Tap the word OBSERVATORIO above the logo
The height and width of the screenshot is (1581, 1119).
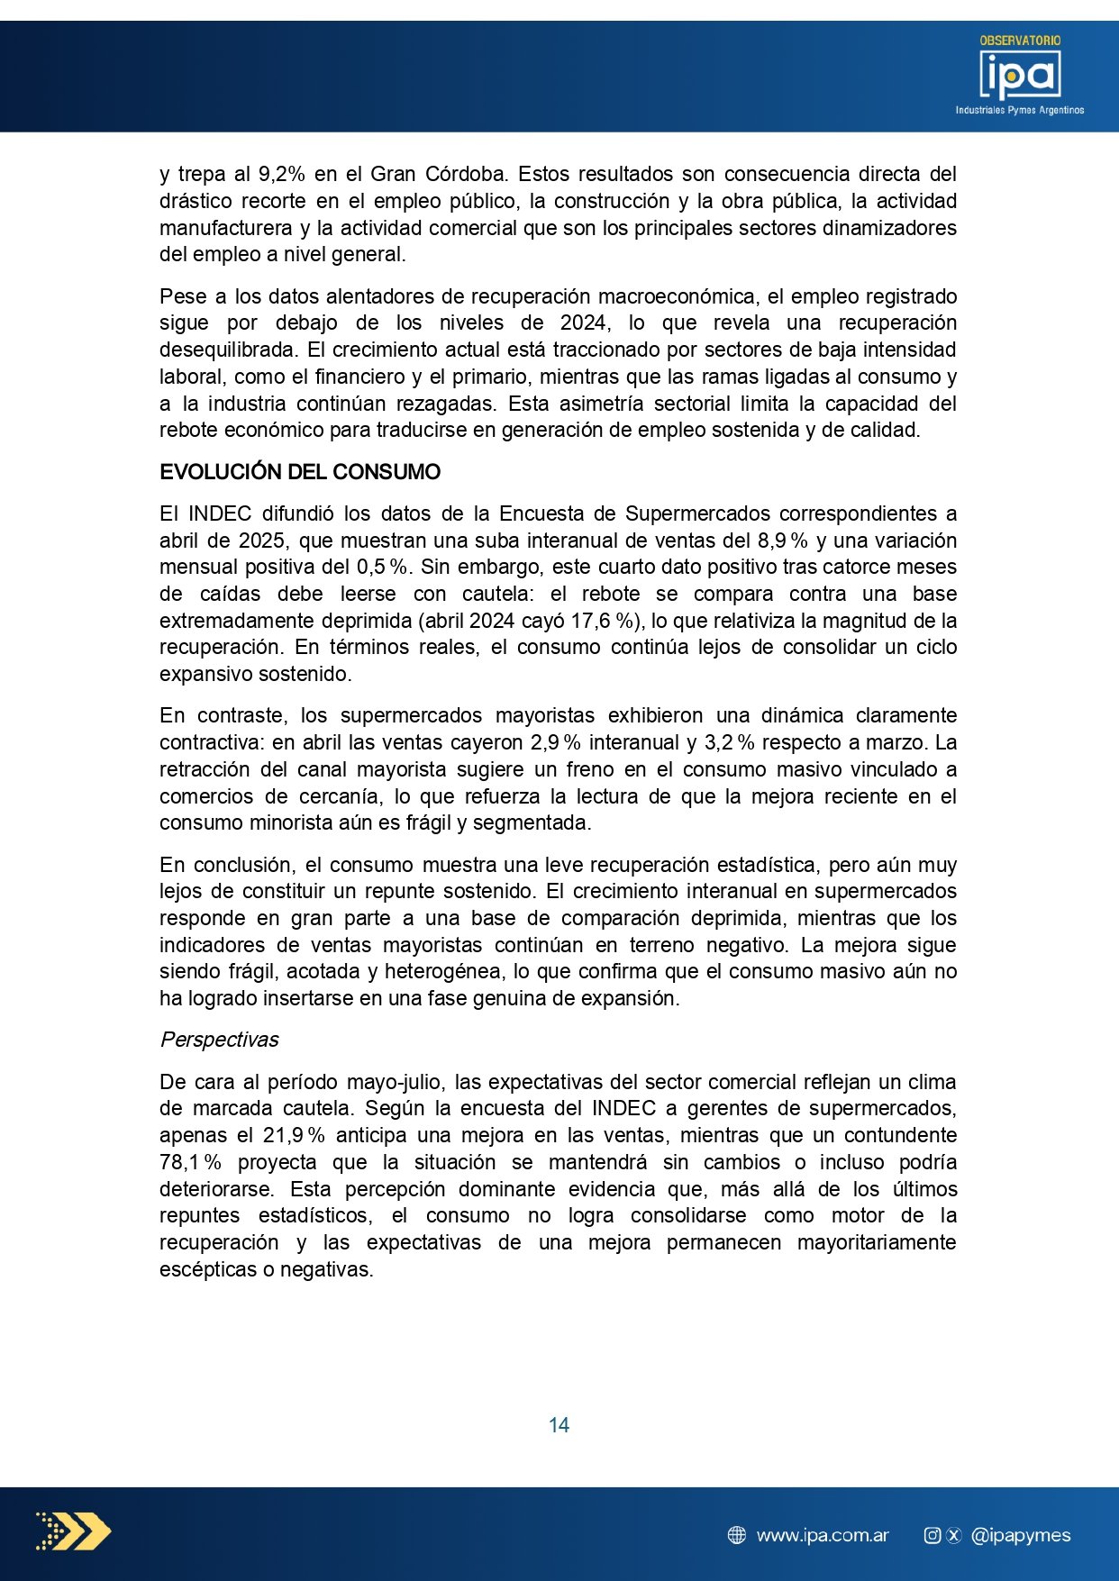tap(1020, 41)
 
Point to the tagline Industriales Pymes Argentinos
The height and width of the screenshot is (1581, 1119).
tap(1020, 110)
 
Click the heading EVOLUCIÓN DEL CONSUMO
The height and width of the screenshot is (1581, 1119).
tap(300, 472)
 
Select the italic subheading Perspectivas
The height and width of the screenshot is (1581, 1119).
tap(219, 1040)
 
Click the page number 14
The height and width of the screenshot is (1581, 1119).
tap(559, 1424)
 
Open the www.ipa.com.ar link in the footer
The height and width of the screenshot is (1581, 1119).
tap(823, 1535)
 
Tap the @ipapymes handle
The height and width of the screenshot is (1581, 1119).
tap(1021, 1535)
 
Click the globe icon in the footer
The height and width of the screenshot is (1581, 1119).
tap(737, 1535)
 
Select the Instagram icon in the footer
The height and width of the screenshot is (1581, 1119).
tap(932, 1535)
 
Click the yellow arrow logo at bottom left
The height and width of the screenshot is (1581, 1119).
tap(74, 1531)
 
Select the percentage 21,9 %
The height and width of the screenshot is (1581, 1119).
tap(294, 1135)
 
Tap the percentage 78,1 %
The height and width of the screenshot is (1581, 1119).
tap(190, 1162)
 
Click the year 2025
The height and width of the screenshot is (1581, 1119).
tap(261, 541)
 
